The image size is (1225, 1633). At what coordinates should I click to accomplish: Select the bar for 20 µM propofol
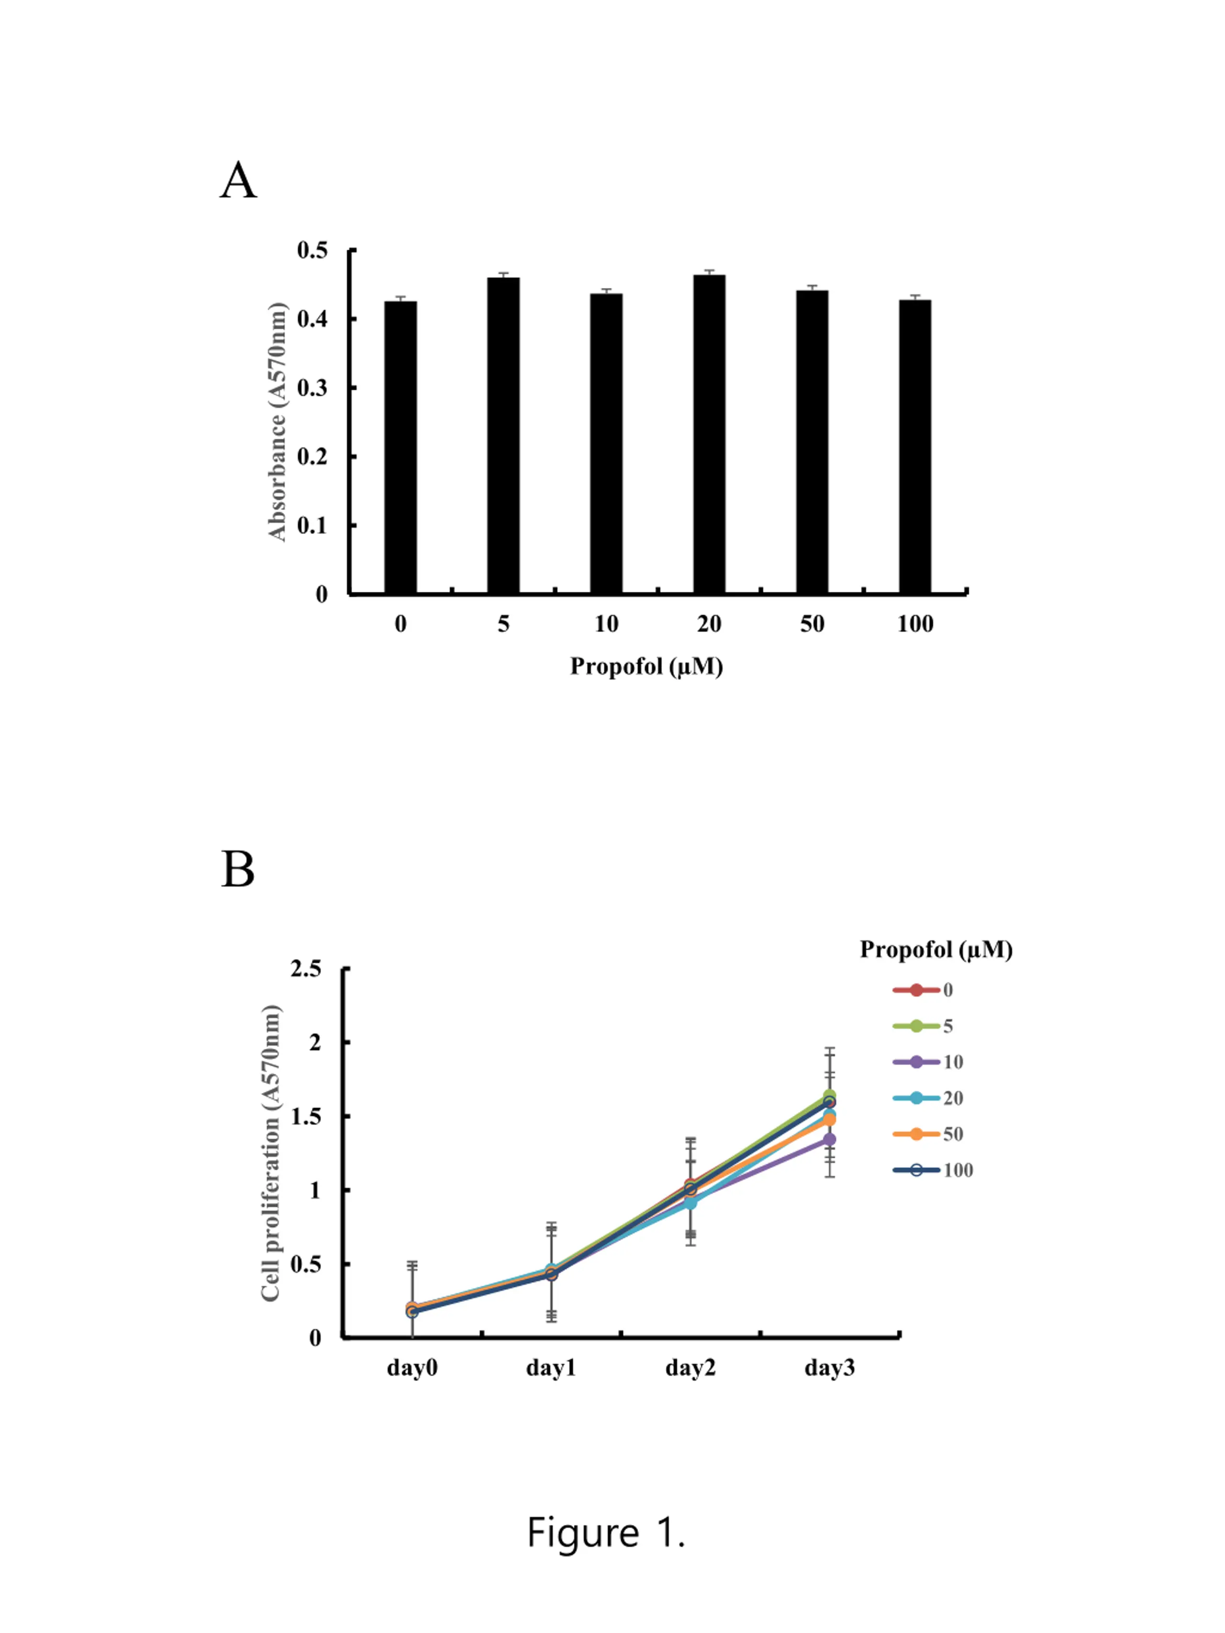pyautogui.click(x=709, y=433)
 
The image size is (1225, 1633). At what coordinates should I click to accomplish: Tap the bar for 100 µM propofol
pyautogui.click(x=915, y=446)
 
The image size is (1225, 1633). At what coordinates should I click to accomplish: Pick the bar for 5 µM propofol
pyautogui.click(x=503, y=435)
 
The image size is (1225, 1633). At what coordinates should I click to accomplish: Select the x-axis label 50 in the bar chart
pyautogui.click(x=812, y=624)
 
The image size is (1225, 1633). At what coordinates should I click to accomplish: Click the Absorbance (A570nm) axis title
pyautogui.click(x=277, y=422)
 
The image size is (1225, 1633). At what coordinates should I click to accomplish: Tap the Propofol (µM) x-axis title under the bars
pyautogui.click(x=646, y=667)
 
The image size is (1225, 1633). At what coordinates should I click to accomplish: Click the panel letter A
pyautogui.click(x=238, y=181)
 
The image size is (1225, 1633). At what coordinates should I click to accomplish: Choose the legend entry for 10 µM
pyautogui.click(x=928, y=1062)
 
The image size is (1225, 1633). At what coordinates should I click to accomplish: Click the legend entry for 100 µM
pyautogui.click(x=933, y=1170)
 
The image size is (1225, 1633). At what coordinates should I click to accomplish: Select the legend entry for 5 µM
pyautogui.click(x=923, y=1025)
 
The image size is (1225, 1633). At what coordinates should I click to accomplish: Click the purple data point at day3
pyautogui.click(x=829, y=1139)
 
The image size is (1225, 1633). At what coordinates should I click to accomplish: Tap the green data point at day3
pyautogui.click(x=829, y=1096)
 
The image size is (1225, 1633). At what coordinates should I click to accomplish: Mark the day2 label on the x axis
pyautogui.click(x=690, y=1368)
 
